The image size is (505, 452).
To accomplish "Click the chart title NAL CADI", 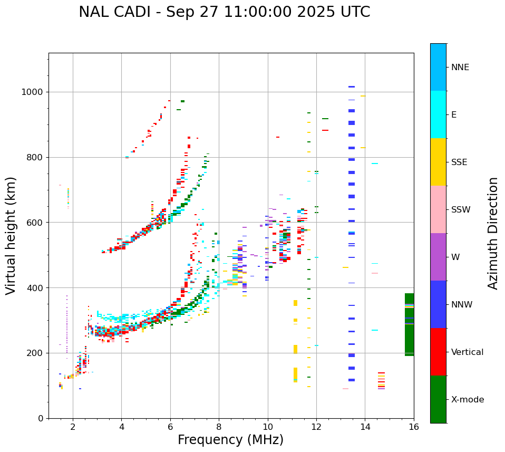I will tap(224, 12).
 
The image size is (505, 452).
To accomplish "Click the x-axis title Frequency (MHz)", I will tap(230, 440).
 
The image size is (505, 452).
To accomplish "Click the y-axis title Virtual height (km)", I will tap(11, 235).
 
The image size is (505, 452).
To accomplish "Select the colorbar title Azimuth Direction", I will tap(493, 233).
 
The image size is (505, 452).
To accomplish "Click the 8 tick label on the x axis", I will tap(219, 427).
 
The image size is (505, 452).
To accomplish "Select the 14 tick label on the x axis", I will tap(365, 427).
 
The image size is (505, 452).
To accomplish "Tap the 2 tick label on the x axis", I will tap(73, 427).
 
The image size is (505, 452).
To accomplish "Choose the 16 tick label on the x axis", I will tap(414, 427).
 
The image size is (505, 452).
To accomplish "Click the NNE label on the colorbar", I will tap(460, 68).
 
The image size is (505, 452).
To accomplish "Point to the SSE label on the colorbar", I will tap(459, 162).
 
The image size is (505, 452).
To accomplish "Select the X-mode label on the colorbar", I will tap(467, 400).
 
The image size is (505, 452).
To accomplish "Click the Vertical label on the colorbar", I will tap(467, 352).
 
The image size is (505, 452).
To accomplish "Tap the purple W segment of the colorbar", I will tap(438, 257).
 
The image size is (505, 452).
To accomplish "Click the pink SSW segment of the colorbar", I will tap(438, 209).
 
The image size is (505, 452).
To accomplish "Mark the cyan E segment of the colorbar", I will tap(438, 114).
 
